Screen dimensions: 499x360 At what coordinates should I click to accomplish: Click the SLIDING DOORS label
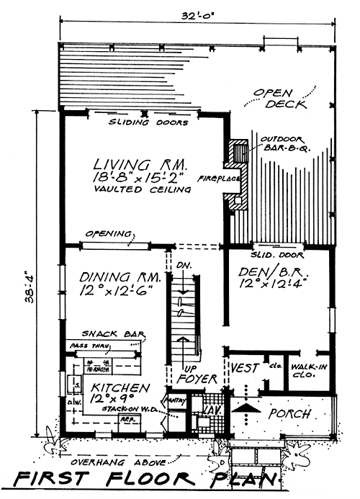pyautogui.click(x=148, y=123)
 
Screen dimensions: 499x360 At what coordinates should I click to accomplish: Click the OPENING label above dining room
pyautogui.click(x=108, y=234)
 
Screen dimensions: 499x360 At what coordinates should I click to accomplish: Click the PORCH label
pyautogui.click(x=290, y=415)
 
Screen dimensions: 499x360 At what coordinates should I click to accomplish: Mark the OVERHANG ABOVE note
pyautogui.click(x=122, y=460)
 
